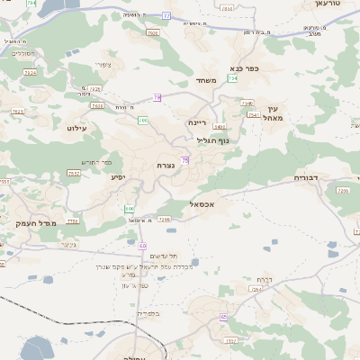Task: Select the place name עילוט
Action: click(75, 129)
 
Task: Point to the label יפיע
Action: click(118, 177)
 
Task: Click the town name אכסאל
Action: click(206, 205)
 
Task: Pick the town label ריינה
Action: click(197, 122)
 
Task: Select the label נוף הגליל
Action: click(213, 140)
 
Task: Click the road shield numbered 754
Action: click(232, 79)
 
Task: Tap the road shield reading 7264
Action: click(256, 290)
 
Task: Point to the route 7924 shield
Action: click(30, 73)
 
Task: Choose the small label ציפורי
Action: click(102, 64)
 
